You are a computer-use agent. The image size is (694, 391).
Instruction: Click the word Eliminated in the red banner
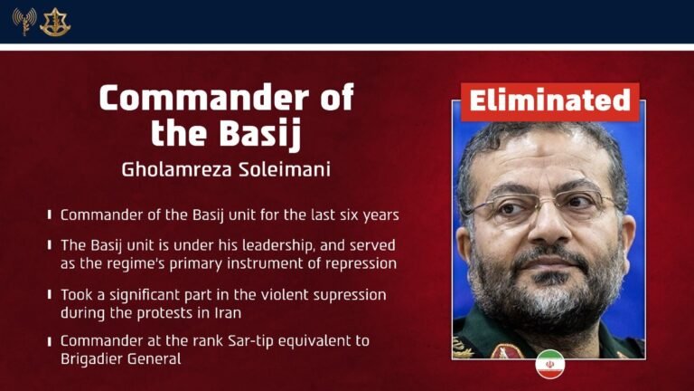click(x=549, y=101)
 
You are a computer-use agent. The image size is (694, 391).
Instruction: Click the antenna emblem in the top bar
click(x=23, y=20)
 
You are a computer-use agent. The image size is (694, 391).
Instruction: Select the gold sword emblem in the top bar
click(x=55, y=21)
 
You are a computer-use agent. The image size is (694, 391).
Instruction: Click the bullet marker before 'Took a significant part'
click(x=49, y=295)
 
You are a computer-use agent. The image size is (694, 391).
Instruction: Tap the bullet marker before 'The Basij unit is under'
click(x=49, y=246)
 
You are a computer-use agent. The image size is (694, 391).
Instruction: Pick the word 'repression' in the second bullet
click(x=356, y=263)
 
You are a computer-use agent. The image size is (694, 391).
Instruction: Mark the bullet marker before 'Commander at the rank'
click(x=49, y=340)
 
